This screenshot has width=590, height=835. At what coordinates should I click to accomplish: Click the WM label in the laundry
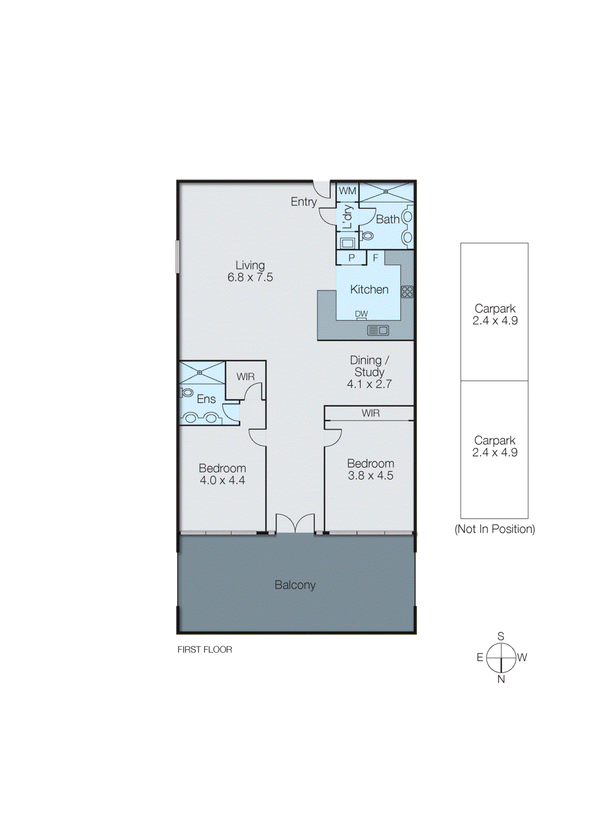tap(347, 191)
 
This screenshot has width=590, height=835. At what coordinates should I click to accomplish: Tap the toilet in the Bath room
tap(368, 236)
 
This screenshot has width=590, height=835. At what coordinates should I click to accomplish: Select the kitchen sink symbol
tap(378, 330)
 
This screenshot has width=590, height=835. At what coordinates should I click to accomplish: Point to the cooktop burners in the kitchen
tap(407, 292)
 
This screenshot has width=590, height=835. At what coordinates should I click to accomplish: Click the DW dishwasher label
tap(361, 314)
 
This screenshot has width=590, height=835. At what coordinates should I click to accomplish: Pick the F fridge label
tap(375, 258)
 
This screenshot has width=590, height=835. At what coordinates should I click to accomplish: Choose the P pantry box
tap(351, 258)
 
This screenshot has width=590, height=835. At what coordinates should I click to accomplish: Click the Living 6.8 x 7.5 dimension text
tap(250, 278)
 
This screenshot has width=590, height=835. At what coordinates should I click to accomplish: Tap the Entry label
tap(304, 201)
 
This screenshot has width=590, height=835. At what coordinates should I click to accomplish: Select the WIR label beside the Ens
tap(245, 377)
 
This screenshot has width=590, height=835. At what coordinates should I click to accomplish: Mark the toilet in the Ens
tap(187, 392)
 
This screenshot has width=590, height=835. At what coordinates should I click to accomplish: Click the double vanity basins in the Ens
tap(201, 418)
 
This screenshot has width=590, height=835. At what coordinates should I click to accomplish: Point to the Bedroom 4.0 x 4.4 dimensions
tap(222, 481)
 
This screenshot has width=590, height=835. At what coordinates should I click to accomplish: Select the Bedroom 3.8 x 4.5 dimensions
tap(370, 476)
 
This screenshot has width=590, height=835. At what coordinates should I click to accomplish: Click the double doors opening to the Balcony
tap(295, 524)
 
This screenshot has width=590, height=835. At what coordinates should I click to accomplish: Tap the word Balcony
tap(295, 585)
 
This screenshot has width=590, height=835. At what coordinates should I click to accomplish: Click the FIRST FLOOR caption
tap(204, 650)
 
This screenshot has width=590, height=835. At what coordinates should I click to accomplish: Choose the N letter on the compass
tap(501, 679)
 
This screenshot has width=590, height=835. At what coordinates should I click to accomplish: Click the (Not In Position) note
tap(495, 529)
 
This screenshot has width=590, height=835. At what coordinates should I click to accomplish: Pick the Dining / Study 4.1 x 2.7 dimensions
tap(369, 384)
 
